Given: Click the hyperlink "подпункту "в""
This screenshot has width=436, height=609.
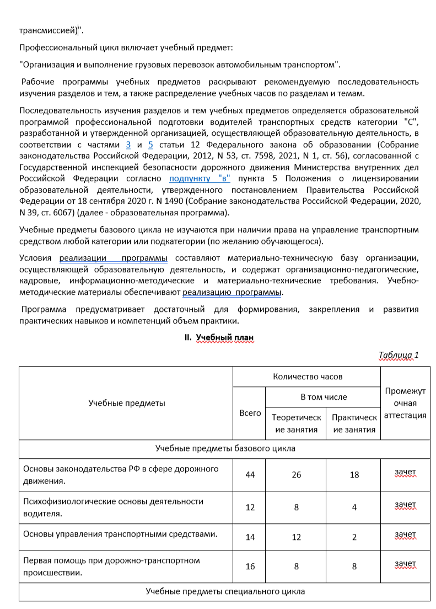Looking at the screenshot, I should (200, 178).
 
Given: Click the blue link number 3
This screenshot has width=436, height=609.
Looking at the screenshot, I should (128, 145).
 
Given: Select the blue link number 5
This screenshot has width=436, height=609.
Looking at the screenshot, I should (150, 145).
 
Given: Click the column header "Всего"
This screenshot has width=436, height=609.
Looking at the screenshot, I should (250, 413).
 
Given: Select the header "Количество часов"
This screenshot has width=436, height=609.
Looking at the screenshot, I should (308, 377).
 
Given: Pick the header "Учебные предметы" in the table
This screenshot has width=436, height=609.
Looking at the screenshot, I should (127, 403).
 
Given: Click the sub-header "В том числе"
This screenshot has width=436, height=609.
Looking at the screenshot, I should (324, 396).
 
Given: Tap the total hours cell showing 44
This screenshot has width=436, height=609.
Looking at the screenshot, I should (250, 475).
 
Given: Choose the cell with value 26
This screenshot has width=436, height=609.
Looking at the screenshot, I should (296, 475).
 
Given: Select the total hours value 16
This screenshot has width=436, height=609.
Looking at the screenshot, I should (250, 567).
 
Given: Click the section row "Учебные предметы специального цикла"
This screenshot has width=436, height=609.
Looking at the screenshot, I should (225, 591).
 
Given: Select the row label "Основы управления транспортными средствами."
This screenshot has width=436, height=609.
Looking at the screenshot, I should (119, 533).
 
